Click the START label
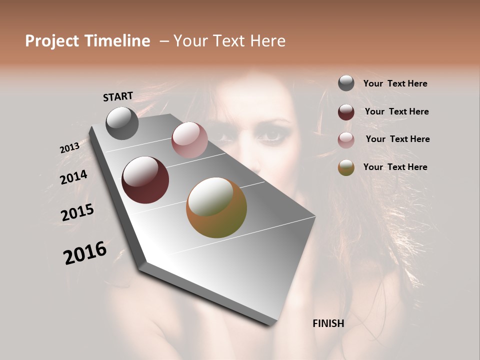point(118,96)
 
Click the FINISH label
point(328,323)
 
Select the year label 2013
point(69,148)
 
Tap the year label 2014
point(73,177)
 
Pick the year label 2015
point(77,212)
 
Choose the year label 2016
point(85,252)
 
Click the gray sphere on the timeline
point(122,123)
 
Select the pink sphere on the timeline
point(189,140)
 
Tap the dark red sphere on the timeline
point(145,180)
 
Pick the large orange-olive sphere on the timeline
point(216,207)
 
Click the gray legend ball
point(346,83)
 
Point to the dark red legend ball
point(346,112)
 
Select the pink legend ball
point(346,140)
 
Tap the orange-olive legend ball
point(346,167)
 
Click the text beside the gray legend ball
point(395,84)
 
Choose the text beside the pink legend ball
point(397,139)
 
